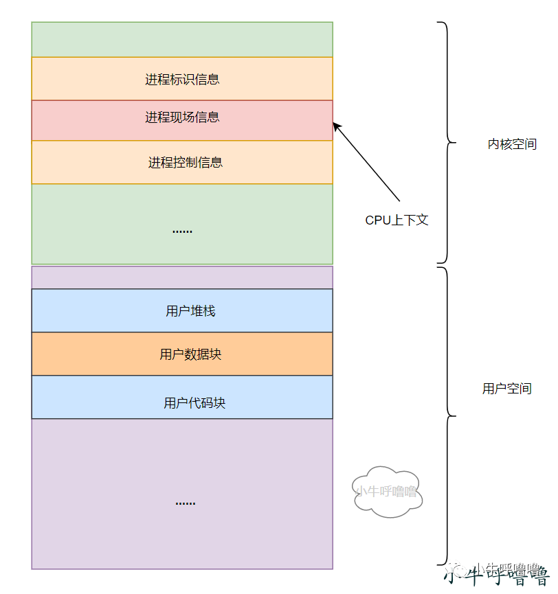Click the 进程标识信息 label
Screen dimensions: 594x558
[182, 79]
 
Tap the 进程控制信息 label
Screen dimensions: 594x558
[186, 163]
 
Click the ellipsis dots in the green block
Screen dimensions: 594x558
[182, 231]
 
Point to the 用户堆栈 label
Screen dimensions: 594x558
[190, 311]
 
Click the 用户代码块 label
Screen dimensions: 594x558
[194, 403]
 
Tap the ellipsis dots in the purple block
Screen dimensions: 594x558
[185, 502]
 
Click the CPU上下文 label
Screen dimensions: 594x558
[397, 220]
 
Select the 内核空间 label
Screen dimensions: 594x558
[512, 144]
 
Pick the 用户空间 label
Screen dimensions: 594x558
[506, 389]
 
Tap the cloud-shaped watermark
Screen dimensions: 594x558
[386, 490]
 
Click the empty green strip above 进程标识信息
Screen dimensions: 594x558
[182, 39]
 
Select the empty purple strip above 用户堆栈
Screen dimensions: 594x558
[182, 277]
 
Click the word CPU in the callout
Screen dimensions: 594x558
[377, 220]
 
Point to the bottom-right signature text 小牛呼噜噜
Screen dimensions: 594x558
[502, 573]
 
